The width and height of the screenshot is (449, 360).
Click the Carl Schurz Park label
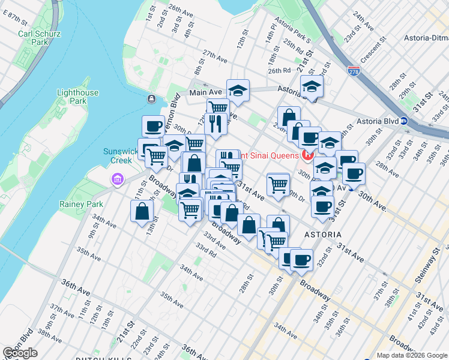(x=39, y=38)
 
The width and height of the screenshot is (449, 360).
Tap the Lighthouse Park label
(x=77, y=97)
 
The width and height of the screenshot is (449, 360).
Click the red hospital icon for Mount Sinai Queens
(x=308, y=157)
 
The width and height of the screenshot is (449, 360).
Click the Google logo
(x=20, y=353)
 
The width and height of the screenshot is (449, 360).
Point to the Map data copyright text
(x=412, y=355)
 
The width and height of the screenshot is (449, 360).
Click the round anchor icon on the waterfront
(x=151, y=98)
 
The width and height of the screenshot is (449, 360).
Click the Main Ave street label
(x=206, y=92)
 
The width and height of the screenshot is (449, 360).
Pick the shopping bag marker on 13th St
(x=142, y=212)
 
